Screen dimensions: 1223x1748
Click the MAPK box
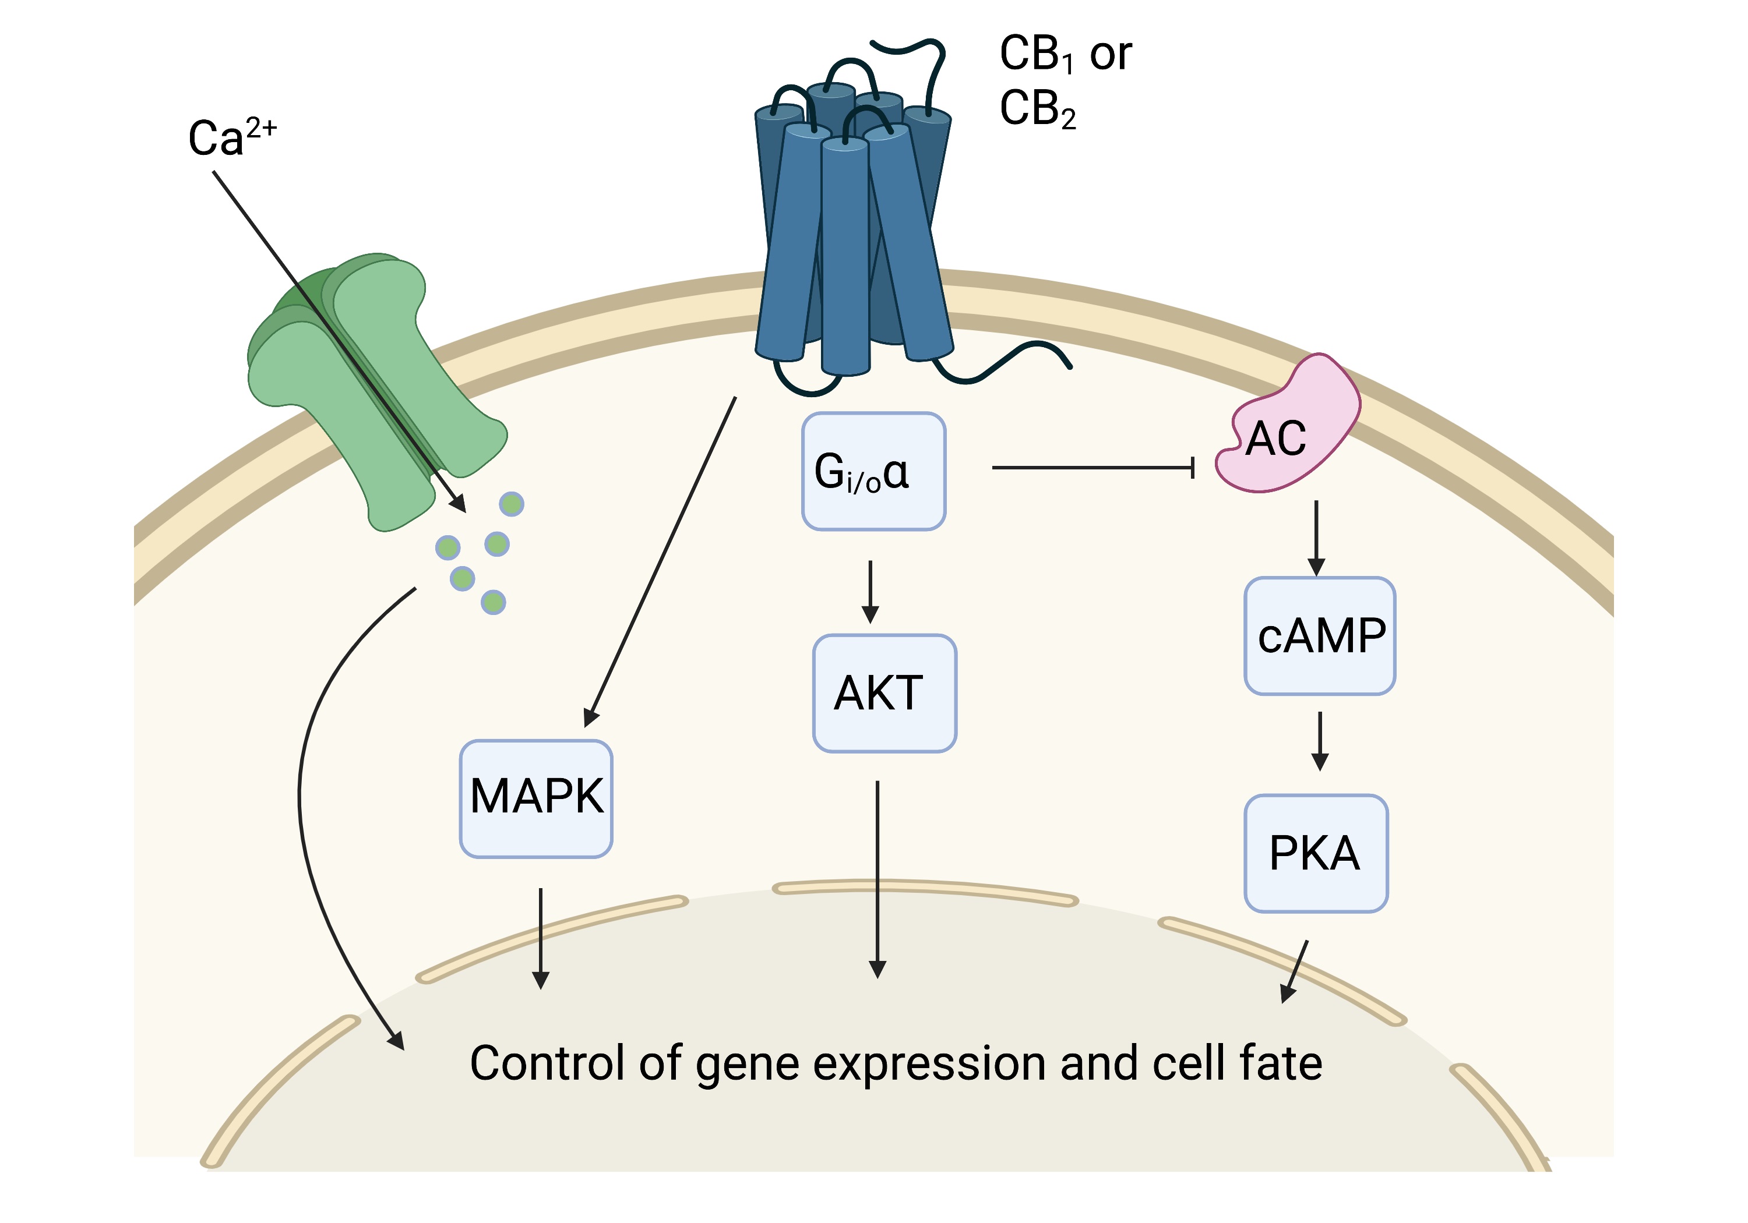(x=536, y=798)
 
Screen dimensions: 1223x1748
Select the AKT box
(x=884, y=693)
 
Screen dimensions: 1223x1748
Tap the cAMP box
(x=1319, y=635)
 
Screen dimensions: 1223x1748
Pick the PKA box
(x=1316, y=853)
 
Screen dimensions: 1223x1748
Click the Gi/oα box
(x=873, y=471)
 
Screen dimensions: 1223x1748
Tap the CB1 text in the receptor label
(x=1036, y=55)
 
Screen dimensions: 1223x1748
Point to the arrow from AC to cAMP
(x=1316, y=536)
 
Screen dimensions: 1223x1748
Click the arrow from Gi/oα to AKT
(x=870, y=591)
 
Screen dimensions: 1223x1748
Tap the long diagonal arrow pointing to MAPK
(x=662, y=559)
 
